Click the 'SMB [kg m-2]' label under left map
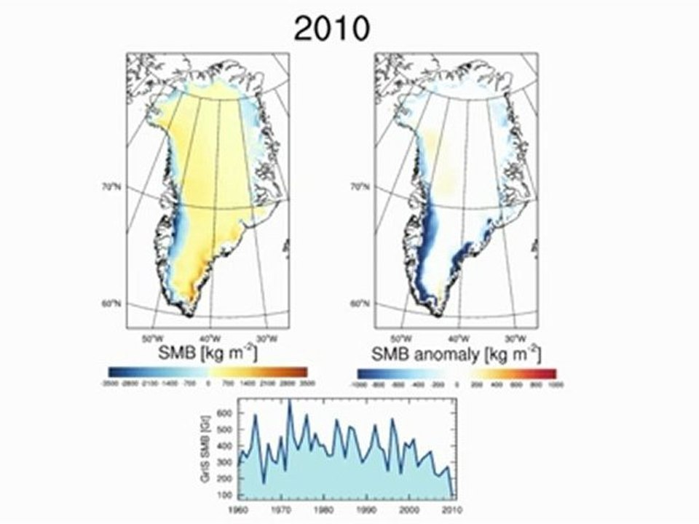click(x=208, y=354)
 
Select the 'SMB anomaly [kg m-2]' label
click(x=455, y=354)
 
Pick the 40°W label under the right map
click(x=457, y=338)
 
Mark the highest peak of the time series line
click(x=290, y=401)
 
